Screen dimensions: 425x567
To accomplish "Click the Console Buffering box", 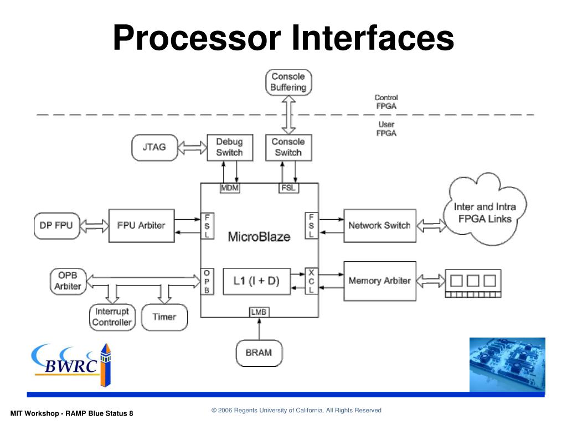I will click(288, 82).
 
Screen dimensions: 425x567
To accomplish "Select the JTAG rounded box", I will click(154, 147).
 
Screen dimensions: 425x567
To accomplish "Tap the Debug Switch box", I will click(229, 147).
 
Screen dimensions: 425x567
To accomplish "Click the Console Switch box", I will click(288, 147).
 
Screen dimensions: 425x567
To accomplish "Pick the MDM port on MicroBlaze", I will click(229, 188).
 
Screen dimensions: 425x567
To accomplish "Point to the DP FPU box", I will click(56, 225).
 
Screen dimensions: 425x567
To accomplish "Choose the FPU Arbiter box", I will click(141, 225).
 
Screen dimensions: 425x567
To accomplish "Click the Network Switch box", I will click(379, 225).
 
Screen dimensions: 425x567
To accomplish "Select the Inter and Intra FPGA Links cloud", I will click(485, 213).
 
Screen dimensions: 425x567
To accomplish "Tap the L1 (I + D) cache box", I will click(256, 281).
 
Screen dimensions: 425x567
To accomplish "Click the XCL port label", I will click(311, 281).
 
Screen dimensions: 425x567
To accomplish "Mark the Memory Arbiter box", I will click(379, 281).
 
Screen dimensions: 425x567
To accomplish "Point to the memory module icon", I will click(472, 283).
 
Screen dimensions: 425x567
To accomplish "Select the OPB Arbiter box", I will click(68, 281).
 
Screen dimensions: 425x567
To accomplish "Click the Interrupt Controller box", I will click(112, 317).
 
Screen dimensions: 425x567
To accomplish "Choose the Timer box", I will click(164, 317).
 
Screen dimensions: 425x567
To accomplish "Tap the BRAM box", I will click(259, 353).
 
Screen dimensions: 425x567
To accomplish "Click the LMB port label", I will click(259, 312).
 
